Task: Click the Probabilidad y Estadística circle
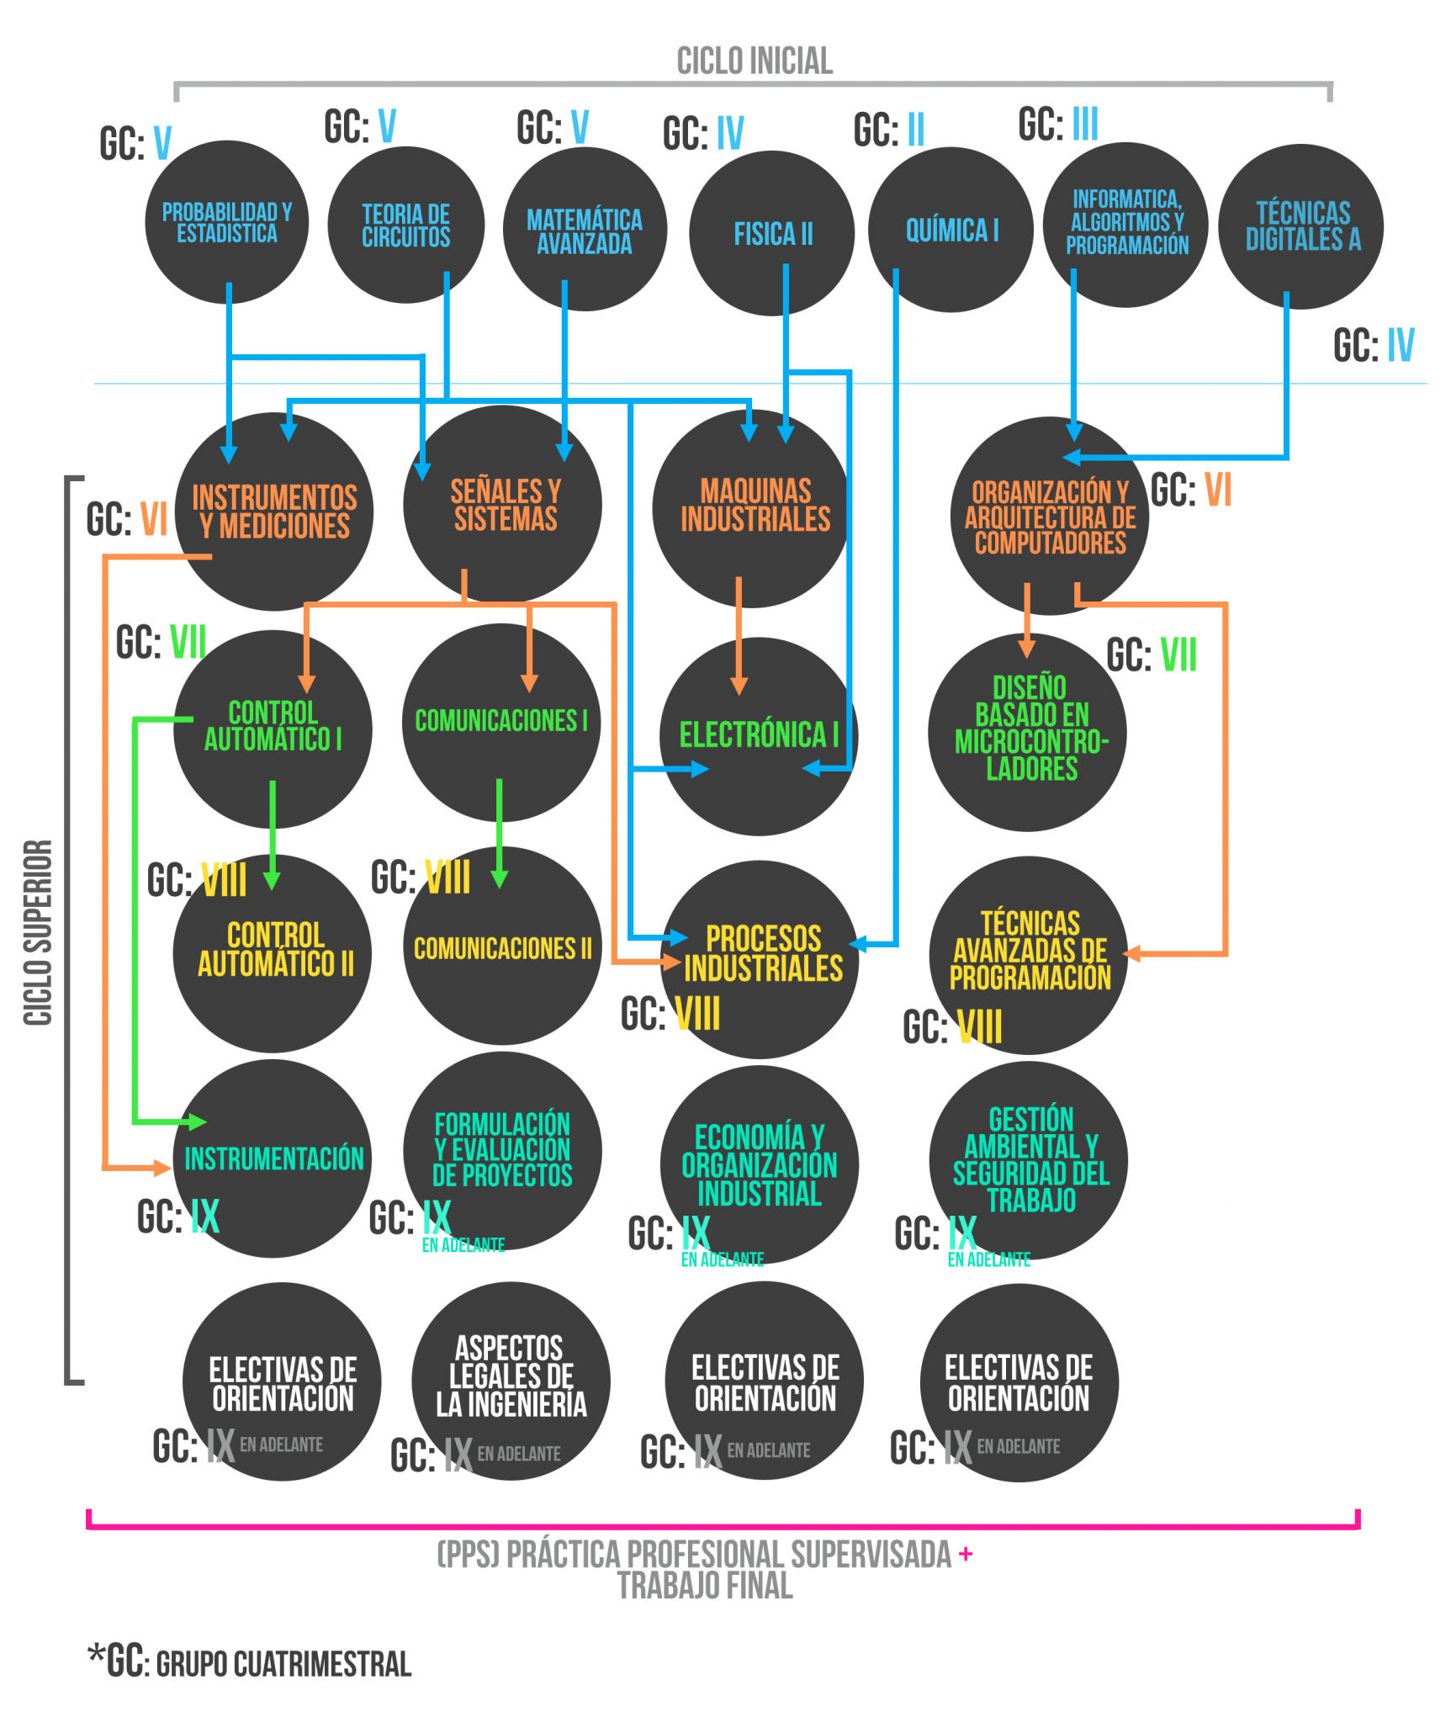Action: click(x=226, y=222)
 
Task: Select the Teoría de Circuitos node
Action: click(x=405, y=225)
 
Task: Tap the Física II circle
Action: click(x=772, y=233)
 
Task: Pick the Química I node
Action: click(x=951, y=230)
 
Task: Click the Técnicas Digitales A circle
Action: click(x=1301, y=226)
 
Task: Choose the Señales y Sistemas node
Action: click(x=503, y=505)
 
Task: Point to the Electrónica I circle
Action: click(x=758, y=735)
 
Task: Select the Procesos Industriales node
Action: click(x=760, y=958)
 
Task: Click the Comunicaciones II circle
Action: click(x=502, y=948)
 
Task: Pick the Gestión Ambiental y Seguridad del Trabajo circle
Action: click(x=1030, y=1159)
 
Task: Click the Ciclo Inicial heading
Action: click(x=755, y=61)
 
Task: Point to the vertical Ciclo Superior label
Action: click(x=38, y=932)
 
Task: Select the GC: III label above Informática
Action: click(x=1058, y=124)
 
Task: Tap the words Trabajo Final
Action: click(x=705, y=1586)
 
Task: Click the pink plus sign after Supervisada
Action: click(x=966, y=1554)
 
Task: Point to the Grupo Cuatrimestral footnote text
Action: click(x=283, y=1664)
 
